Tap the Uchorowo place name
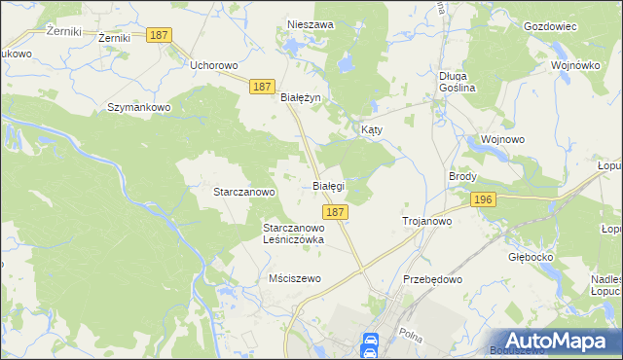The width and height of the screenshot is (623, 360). (214, 65)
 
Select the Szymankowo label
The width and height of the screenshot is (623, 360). (139, 107)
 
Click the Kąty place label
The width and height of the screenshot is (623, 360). (372, 129)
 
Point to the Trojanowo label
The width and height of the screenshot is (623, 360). (427, 222)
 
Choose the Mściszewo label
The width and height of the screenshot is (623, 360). (294, 278)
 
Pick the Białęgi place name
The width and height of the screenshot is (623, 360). (328, 185)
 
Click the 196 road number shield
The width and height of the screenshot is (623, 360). (483, 199)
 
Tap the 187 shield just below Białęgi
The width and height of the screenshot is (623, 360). (334, 212)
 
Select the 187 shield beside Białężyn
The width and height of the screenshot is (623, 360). (260, 87)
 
